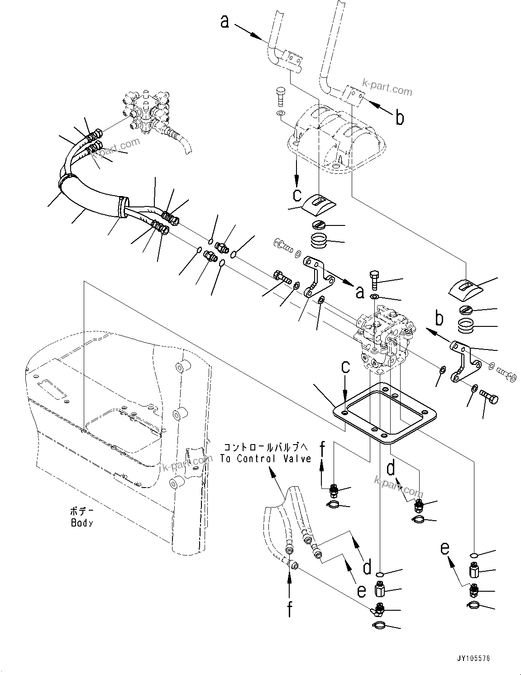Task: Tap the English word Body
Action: click(x=82, y=523)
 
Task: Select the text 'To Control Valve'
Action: click(x=266, y=458)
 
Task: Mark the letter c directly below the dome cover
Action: click(x=296, y=195)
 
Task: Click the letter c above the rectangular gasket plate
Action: click(x=345, y=367)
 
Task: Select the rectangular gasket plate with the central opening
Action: click(x=384, y=412)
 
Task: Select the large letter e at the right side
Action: click(x=445, y=549)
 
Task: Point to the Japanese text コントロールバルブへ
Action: click(x=266, y=447)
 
